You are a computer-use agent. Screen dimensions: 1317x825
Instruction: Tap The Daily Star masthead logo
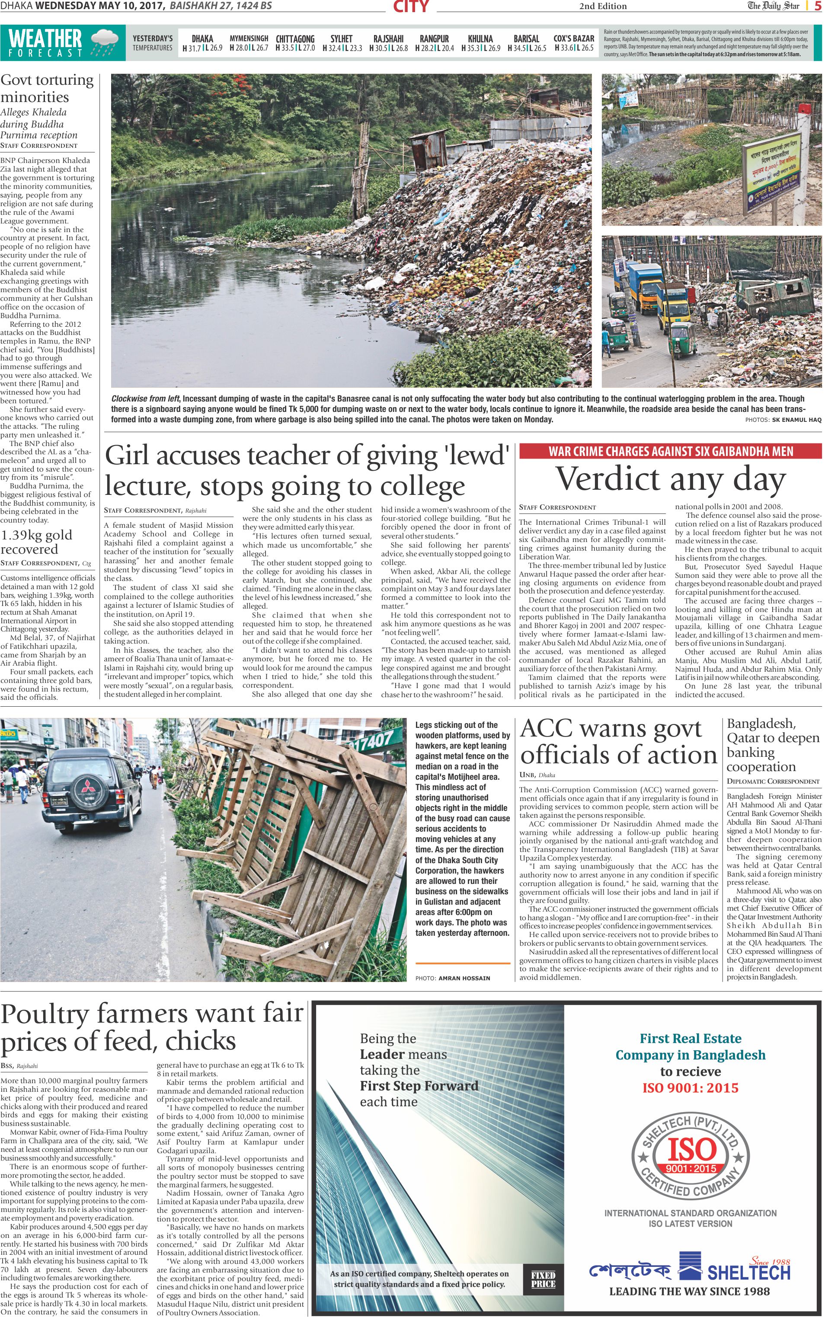point(773,6)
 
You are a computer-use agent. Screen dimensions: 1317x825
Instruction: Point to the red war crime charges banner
point(670,451)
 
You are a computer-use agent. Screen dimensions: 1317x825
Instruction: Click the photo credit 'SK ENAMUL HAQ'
point(796,420)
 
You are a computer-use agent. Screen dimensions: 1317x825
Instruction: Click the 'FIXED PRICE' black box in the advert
point(543,1279)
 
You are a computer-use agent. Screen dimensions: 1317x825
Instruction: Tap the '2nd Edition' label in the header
point(602,6)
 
